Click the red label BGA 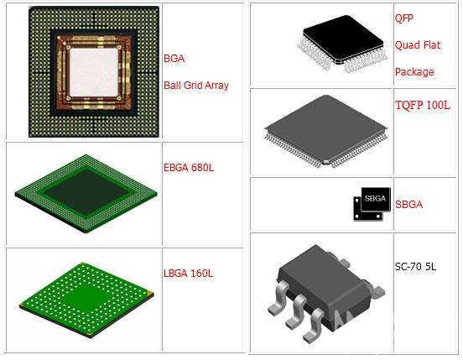pyautogui.click(x=174, y=59)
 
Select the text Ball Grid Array pyautogui.click(x=196, y=86)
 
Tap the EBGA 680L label pyautogui.click(x=189, y=168)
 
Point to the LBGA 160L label pyautogui.click(x=188, y=274)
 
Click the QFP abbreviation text pyautogui.click(x=404, y=18)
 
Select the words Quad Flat pyautogui.click(x=418, y=44)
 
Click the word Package pyautogui.click(x=414, y=72)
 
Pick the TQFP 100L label pyautogui.click(x=423, y=105)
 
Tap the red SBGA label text pyautogui.click(x=408, y=205)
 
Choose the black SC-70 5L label pyautogui.click(x=415, y=267)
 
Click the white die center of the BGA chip pyautogui.click(x=94, y=72)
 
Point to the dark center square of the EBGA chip pyautogui.click(x=86, y=191)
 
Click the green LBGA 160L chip pyautogui.click(x=86, y=299)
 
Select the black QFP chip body pyautogui.click(x=343, y=39)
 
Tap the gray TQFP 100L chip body pyautogui.click(x=325, y=128)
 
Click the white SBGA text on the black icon pyautogui.click(x=375, y=198)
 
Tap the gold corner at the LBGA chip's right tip pyautogui.click(x=150, y=293)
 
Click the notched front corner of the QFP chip pyautogui.click(x=337, y=61)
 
